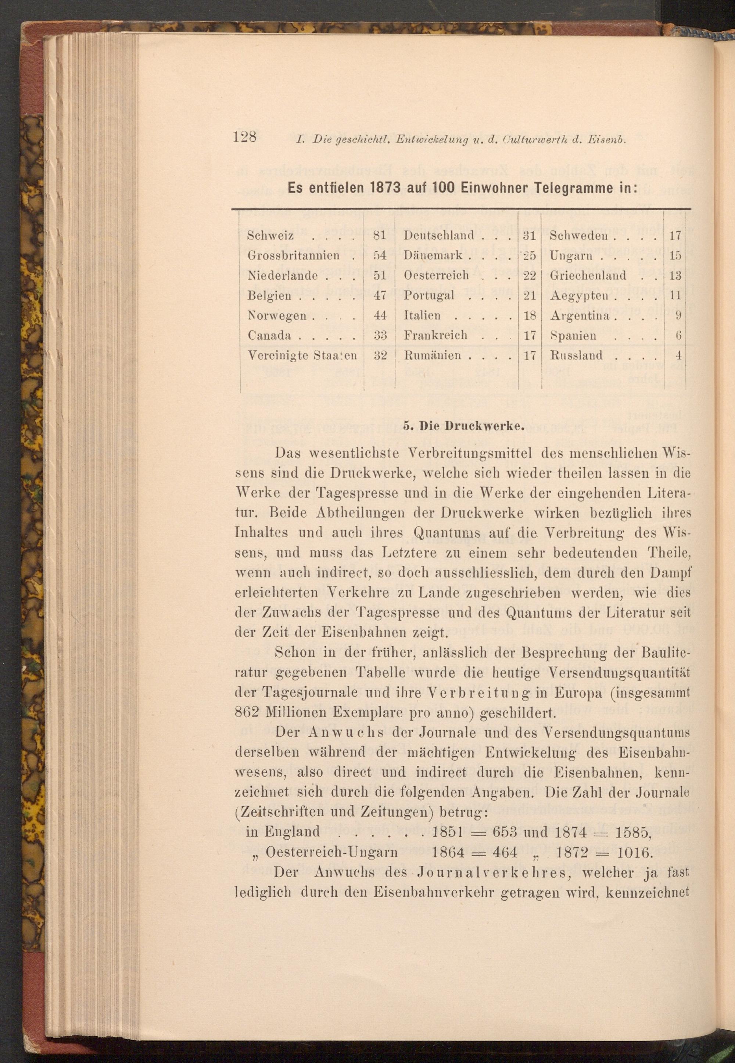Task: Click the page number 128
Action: point(244,137)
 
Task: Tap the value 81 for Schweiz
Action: point(380,235)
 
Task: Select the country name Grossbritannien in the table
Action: point(293,255)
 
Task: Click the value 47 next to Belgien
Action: point(380,295)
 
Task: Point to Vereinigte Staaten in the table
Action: point(302,355)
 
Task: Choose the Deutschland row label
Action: point(439,235)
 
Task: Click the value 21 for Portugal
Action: point(530,295)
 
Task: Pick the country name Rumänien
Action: point(433,355)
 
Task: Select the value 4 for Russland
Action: point(678,355)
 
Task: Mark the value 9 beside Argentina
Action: point(678,316)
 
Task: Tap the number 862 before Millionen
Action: point(247,712)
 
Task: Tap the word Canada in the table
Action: point(269,336)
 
